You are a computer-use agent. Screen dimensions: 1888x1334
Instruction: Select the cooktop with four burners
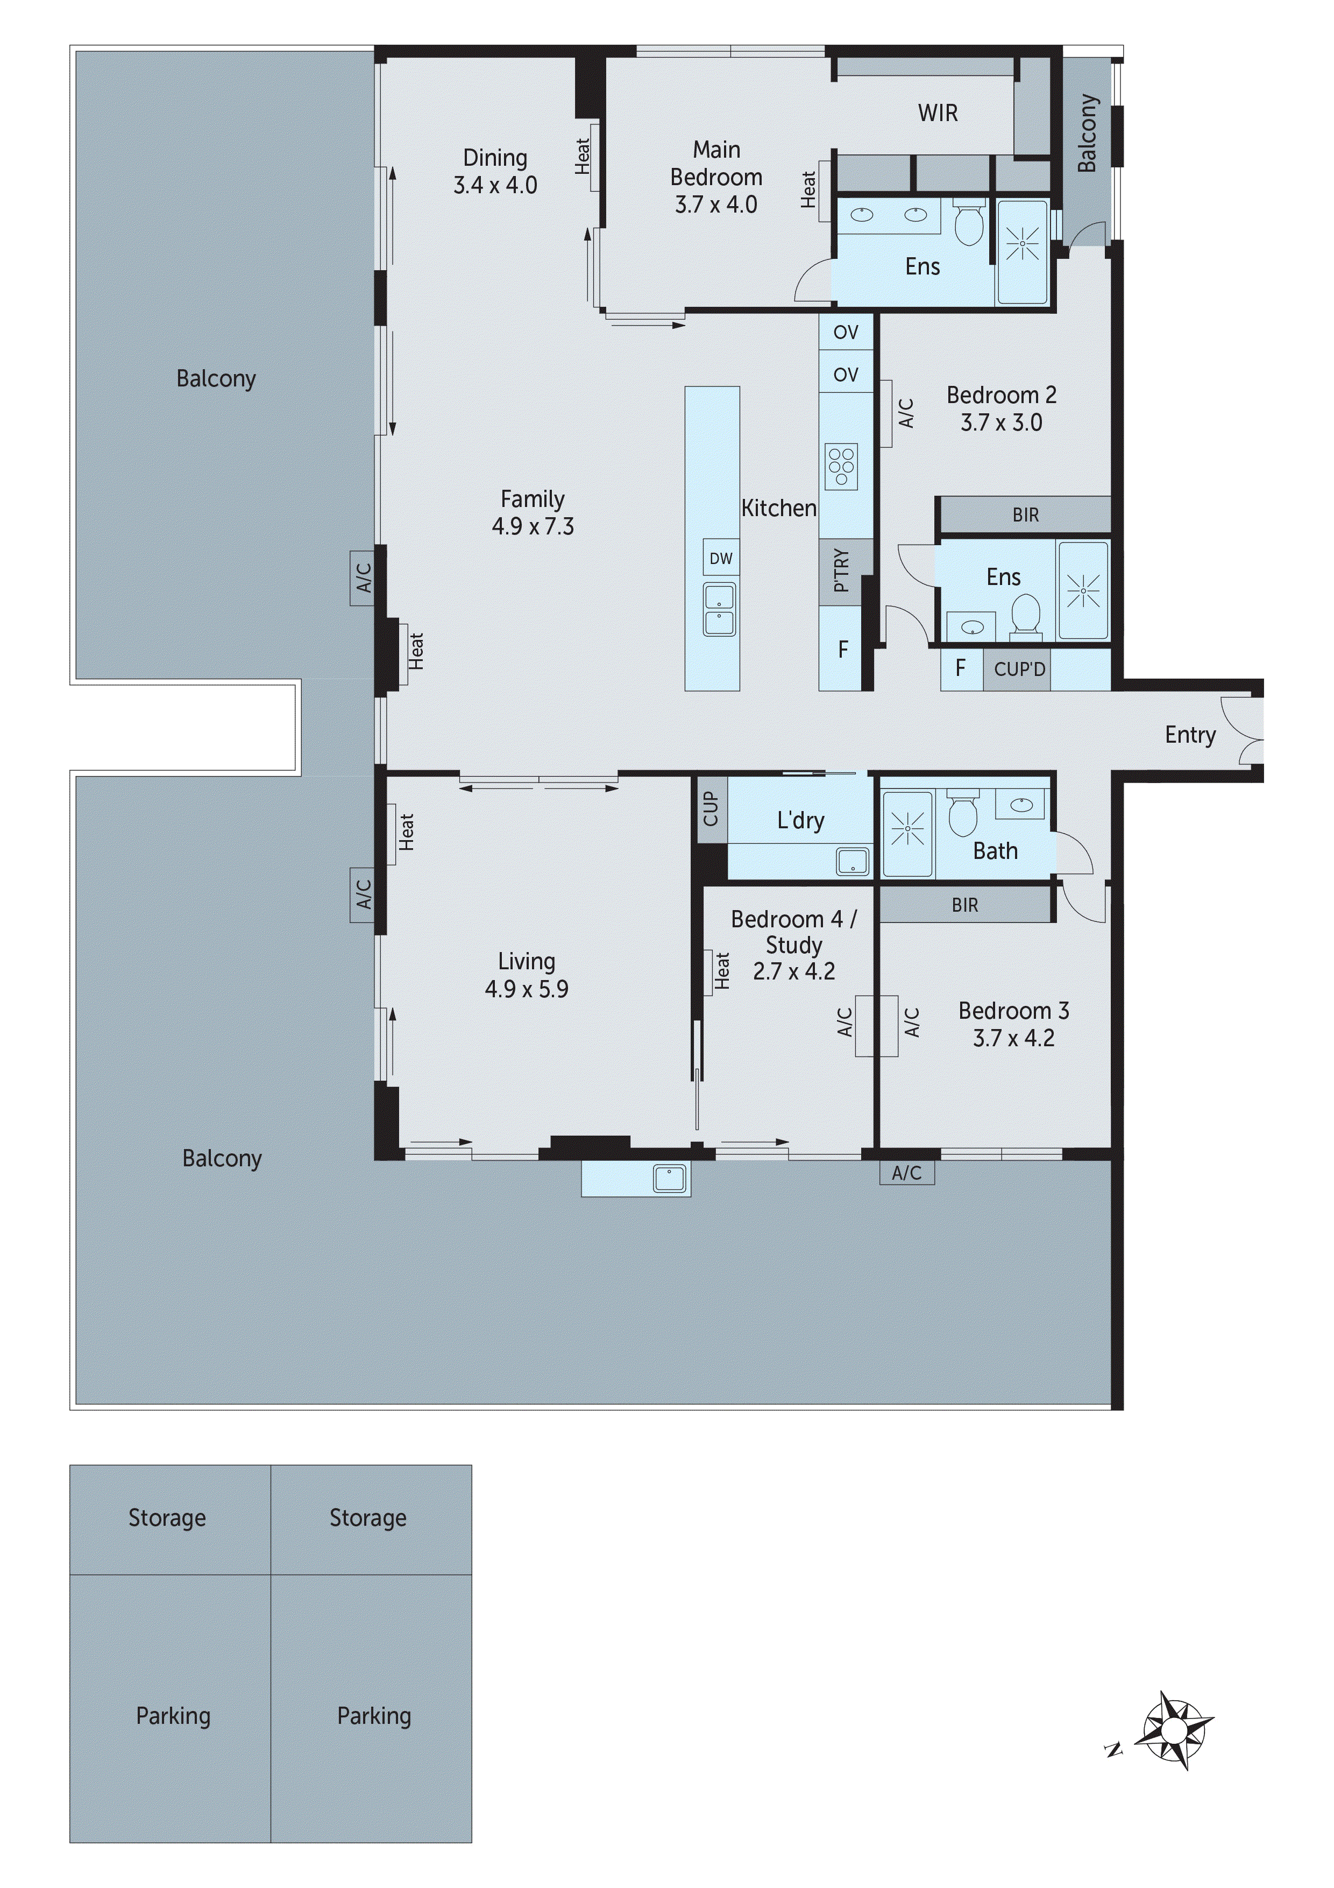[842, 466]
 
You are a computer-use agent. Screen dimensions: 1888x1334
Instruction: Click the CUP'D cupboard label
[1019, 670]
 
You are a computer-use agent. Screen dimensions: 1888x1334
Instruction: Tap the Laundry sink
[853, 861]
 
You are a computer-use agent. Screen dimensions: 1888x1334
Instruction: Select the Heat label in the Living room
[406, 832]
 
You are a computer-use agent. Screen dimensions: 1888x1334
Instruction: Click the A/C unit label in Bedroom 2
[906, 414]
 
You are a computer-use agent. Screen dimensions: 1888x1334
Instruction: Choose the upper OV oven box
[845, 332]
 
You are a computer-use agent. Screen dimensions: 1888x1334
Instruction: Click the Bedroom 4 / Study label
[793, 931]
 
